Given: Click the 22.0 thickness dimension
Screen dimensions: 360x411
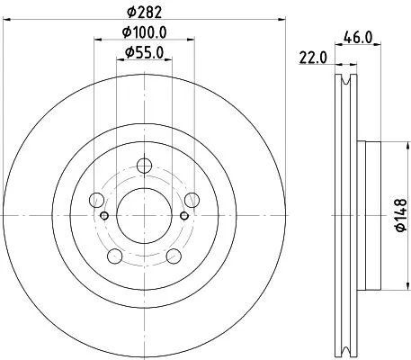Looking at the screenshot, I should point(311,58).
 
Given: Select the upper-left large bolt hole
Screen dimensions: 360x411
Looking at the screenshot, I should point(98,201).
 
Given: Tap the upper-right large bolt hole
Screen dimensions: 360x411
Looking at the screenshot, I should point(192,201).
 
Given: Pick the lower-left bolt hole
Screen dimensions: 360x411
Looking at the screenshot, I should point(115,256).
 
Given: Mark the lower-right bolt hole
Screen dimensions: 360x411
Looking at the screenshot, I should point(174,256).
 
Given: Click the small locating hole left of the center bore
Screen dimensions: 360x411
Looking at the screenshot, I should point(105,216).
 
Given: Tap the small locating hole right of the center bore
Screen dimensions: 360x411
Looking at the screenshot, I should point(184,216).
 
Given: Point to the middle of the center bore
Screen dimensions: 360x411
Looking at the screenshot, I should point(145,216).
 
